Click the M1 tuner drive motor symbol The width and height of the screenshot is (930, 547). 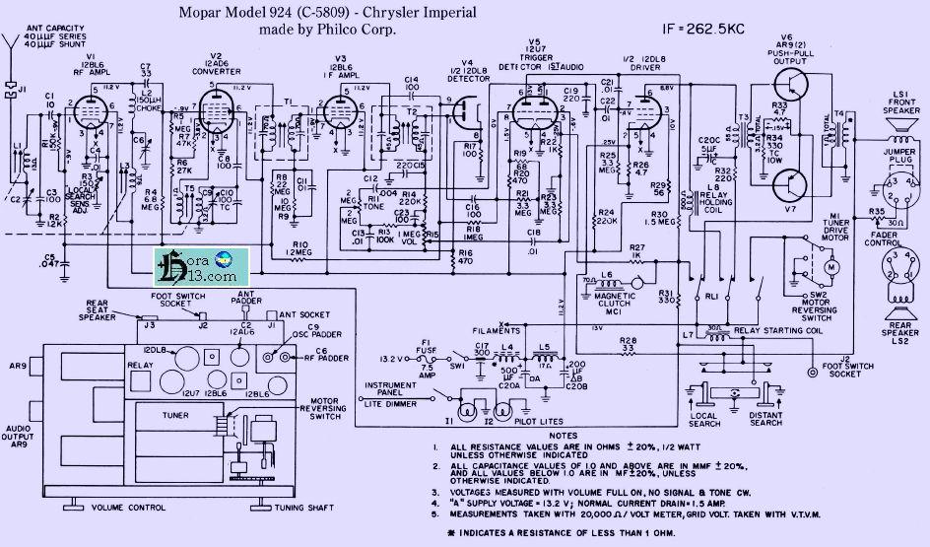pyautogui.click(x=830, y=265)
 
